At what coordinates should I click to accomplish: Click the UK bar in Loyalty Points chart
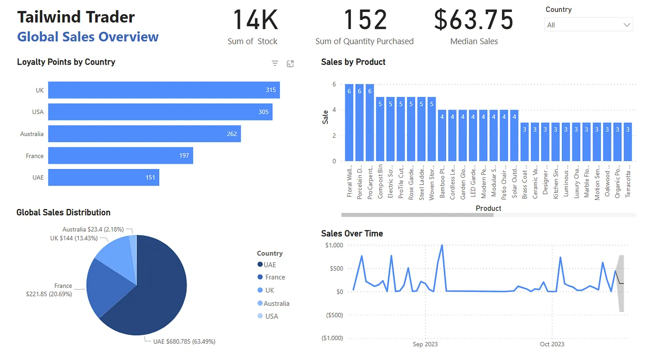pyautogui.click(x=164, y=90)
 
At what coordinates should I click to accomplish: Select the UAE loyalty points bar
pyautogui.click(x=104, y=178)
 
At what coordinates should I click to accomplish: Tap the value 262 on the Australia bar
pyautogui.click(x=232, y=134)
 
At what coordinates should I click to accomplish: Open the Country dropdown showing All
pyautogui.click(x=588, y=25)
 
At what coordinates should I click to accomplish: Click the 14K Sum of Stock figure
pyautogui.click(x=255, y=20)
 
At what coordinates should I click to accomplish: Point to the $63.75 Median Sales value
pyautogui.click(x=474, y=20)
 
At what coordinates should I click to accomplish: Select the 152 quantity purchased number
pyautogui.click(x=365, y=20)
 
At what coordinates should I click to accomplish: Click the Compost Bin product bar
pyautogui.click(x=380, y=129)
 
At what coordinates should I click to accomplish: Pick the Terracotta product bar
pyautogui.click(x=628, y=142)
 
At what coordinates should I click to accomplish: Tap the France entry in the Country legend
pyautogui.click(x=275, y=277)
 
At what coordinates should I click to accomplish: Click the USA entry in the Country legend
pyautogui.click(x=272, y=316)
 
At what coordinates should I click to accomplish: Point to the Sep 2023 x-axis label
pyautogui.click(x=425, y=344)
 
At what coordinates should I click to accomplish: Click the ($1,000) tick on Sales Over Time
pyautogui.click(x=332, y=338)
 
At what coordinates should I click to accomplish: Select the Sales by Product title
pyautogui.click(x=353, y=62)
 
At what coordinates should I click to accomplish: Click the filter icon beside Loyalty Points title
pyautogui.click(x=275, y=64)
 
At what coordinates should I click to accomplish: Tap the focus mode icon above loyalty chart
pyautogui.click(x=290, y=64)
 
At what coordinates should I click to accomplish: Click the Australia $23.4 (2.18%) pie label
pyautogui.click(x=93, y=229)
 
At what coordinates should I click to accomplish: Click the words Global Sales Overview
pyautogui.click(x=88, y=37)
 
